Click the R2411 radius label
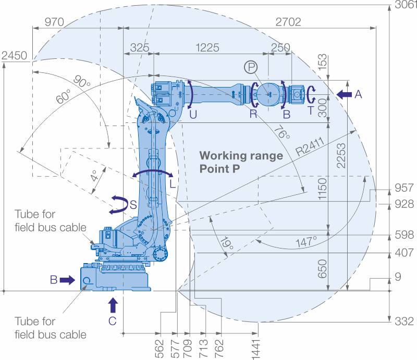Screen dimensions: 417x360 (310, 146)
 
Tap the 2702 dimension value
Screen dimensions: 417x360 (288, 22)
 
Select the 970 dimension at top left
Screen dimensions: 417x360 (54, 22)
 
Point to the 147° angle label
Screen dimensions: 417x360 (306, 241)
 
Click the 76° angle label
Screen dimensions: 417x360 (282, 132)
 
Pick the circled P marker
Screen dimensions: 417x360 (251, 67)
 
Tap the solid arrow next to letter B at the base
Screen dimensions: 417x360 (67, 280)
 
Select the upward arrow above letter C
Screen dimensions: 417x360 (113, 305)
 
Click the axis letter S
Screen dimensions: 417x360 (133, 205)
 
